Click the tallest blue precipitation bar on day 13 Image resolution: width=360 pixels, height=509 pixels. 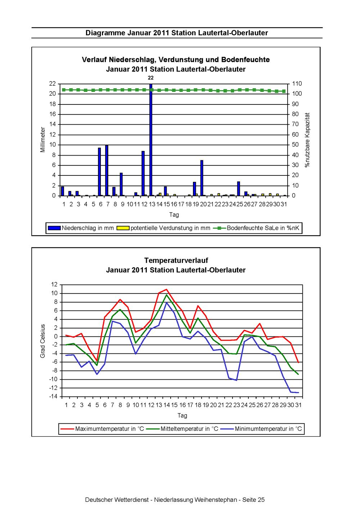coord(151,140)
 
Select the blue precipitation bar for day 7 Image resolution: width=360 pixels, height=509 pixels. coord(107,170)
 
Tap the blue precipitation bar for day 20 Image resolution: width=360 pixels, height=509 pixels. coord(202,178)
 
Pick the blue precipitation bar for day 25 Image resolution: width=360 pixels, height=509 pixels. coord(238,189)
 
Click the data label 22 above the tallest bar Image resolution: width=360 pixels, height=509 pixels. coord(151,78)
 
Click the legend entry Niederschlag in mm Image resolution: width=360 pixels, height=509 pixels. coord(81,228)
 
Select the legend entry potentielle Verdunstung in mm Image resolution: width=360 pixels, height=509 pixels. coord(163,228)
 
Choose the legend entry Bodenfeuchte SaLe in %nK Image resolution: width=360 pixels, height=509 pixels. coord(256,228)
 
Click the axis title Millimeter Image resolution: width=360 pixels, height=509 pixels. coord(43,139)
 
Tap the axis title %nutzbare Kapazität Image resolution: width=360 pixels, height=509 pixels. coord(307,140)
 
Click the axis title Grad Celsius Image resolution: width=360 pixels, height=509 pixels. coord(42,341)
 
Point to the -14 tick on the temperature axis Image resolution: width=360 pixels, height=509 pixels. coord(54,397)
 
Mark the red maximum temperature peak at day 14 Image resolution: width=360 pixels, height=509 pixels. coord(166,289)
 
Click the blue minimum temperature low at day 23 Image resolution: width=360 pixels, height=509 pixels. coord(237,380)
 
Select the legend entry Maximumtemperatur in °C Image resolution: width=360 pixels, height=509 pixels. coord(102,429)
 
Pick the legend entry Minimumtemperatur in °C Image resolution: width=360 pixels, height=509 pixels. coord(261,429)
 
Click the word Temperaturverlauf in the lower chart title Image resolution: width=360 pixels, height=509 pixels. coord(176,260)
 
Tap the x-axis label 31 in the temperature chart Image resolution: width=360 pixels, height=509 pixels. coord(298,405)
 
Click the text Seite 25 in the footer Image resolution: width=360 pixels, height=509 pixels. coord(253,500)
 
